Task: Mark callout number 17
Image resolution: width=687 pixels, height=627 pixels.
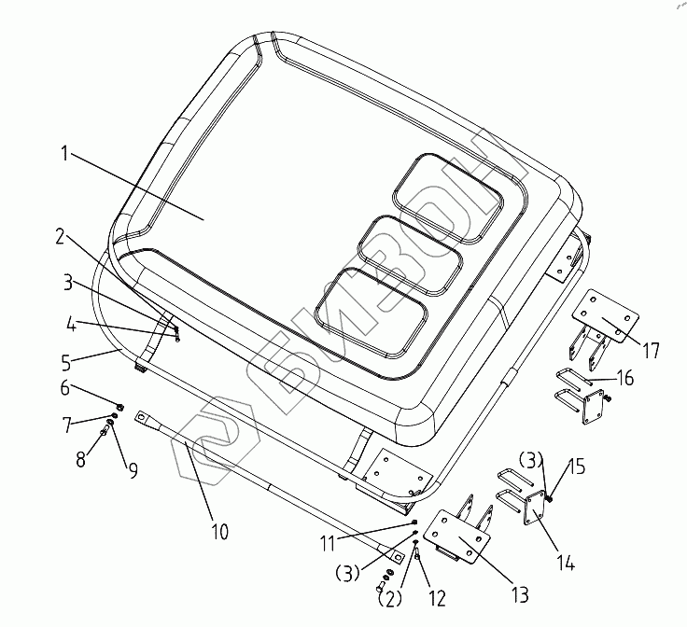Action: (651, 352)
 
